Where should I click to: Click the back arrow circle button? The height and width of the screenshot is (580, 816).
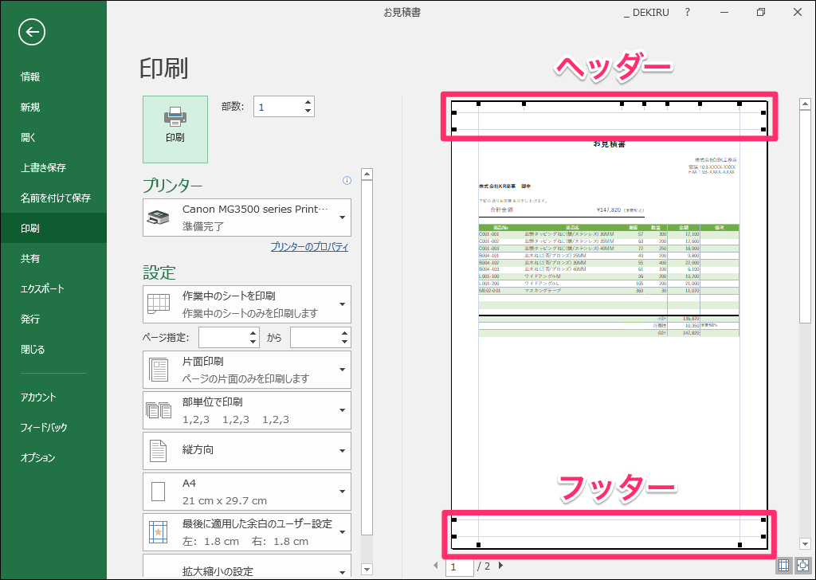point(32,32)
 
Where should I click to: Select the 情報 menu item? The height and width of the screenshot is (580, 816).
point(30,77)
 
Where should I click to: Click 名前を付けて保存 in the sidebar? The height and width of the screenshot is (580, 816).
point(56,198)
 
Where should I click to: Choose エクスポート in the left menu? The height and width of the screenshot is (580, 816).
point(42,288)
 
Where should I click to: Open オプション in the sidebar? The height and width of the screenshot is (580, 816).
point(38,457)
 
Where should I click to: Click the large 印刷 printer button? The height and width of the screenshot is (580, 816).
point(175,129)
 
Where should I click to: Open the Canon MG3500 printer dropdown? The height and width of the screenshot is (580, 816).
point(247,217)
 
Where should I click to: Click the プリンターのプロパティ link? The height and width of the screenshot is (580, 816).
point(309,247)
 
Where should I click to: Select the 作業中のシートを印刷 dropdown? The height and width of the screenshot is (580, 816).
point(247,304)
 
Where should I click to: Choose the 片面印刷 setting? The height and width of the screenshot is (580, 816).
point(247,370)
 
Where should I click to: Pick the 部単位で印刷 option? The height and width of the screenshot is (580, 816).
point(247,410)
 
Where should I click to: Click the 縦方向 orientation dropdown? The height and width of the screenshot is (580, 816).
point(247,450)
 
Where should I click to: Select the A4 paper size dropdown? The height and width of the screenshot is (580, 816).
point(247,492)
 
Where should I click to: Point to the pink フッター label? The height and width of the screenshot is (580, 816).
point(616,488)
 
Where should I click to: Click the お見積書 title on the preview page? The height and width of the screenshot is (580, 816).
point(609,144)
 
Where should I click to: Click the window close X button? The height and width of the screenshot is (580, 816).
point(798,12)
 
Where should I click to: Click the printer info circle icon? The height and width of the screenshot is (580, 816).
point(347,180)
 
